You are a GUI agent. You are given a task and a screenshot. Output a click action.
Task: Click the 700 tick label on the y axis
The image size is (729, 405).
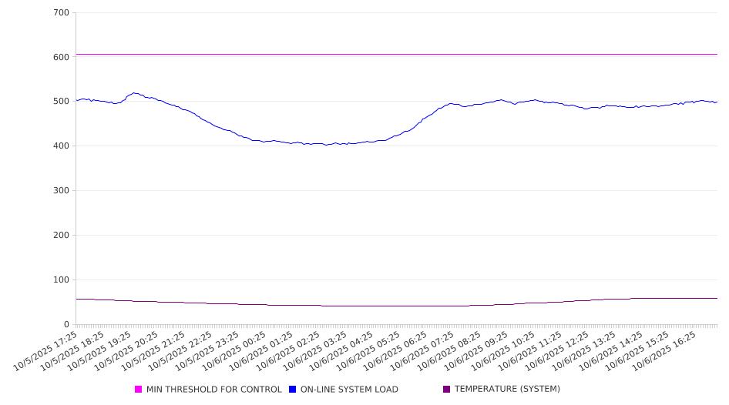coord(62,13)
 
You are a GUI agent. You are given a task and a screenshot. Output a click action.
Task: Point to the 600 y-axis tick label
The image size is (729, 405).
coord(62,57)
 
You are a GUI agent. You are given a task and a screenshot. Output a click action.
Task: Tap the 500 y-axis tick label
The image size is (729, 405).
coord(62,102)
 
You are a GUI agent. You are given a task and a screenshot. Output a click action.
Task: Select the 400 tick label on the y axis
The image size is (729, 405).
coord(62,146)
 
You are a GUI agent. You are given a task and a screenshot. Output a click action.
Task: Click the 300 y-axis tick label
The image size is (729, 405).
coord(62,191)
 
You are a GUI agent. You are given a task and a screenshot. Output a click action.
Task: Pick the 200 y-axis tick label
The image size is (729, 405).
coord(62,236)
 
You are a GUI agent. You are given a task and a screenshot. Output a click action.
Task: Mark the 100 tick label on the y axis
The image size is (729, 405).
coord(62,280)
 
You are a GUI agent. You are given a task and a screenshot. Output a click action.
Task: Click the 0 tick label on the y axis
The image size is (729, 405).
coord(67,325)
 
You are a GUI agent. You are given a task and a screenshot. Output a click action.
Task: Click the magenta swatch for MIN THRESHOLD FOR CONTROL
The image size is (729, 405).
coord(139,390)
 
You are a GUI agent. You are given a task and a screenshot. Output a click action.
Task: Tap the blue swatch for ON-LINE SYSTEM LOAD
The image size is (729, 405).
coord(293,390)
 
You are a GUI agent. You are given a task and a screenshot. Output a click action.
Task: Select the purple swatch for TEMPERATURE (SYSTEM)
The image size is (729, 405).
coord(447,390)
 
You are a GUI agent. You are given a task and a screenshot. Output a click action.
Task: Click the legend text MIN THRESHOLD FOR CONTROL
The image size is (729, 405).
coord(213,390)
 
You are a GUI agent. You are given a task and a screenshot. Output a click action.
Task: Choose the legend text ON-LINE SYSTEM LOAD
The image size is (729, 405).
coord(349,390)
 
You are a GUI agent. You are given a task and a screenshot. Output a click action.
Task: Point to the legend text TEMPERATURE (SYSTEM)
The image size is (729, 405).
coord(507,390)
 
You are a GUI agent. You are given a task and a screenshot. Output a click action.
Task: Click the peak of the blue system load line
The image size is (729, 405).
coord(135,93)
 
